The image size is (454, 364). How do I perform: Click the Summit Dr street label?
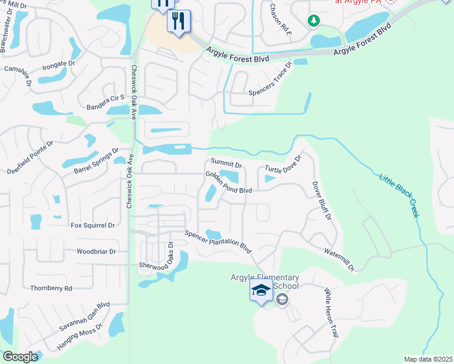(226, 164)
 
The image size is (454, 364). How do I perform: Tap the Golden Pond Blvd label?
(228, 182)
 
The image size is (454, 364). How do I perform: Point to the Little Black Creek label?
(399, 195)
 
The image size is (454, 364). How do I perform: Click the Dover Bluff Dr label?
(322, 200)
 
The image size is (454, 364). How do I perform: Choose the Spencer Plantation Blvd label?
(218, 241)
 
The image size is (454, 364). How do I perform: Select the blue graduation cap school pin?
(260, 292)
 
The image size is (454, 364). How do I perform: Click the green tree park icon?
(314, 22)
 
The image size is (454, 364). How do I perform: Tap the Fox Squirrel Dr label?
(93, 225)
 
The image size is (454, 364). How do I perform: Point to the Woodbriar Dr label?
(96, 251)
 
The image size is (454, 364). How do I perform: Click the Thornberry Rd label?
(51, 288)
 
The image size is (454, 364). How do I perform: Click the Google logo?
(20, 357)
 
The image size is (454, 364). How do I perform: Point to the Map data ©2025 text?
(428, 359)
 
